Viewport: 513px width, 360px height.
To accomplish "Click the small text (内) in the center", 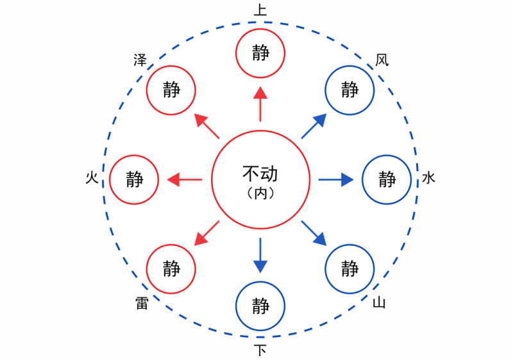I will point(260,193).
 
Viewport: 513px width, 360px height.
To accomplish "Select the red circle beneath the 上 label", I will point(260,53).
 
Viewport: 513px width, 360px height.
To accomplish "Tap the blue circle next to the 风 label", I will point(349,90).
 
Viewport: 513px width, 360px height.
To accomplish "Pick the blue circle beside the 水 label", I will point(387,180).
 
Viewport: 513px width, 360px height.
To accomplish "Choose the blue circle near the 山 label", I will point(349,268).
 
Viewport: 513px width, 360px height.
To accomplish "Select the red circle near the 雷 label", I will point(171,268).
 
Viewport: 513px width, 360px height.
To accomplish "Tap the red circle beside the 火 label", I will point(134,180).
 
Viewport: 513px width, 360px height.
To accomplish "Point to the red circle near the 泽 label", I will point(171,90).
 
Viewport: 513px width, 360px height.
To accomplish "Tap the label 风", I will point(382,60).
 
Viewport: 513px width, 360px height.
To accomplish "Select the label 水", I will point(428,178).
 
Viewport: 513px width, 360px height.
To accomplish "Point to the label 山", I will point(380,302).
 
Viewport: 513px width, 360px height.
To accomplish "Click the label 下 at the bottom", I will point(260,350).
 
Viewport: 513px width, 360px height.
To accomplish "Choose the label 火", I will point(92,178).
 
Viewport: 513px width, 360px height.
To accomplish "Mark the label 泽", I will point(140,60).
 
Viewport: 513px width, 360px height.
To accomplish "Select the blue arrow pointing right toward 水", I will point(336,180).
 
